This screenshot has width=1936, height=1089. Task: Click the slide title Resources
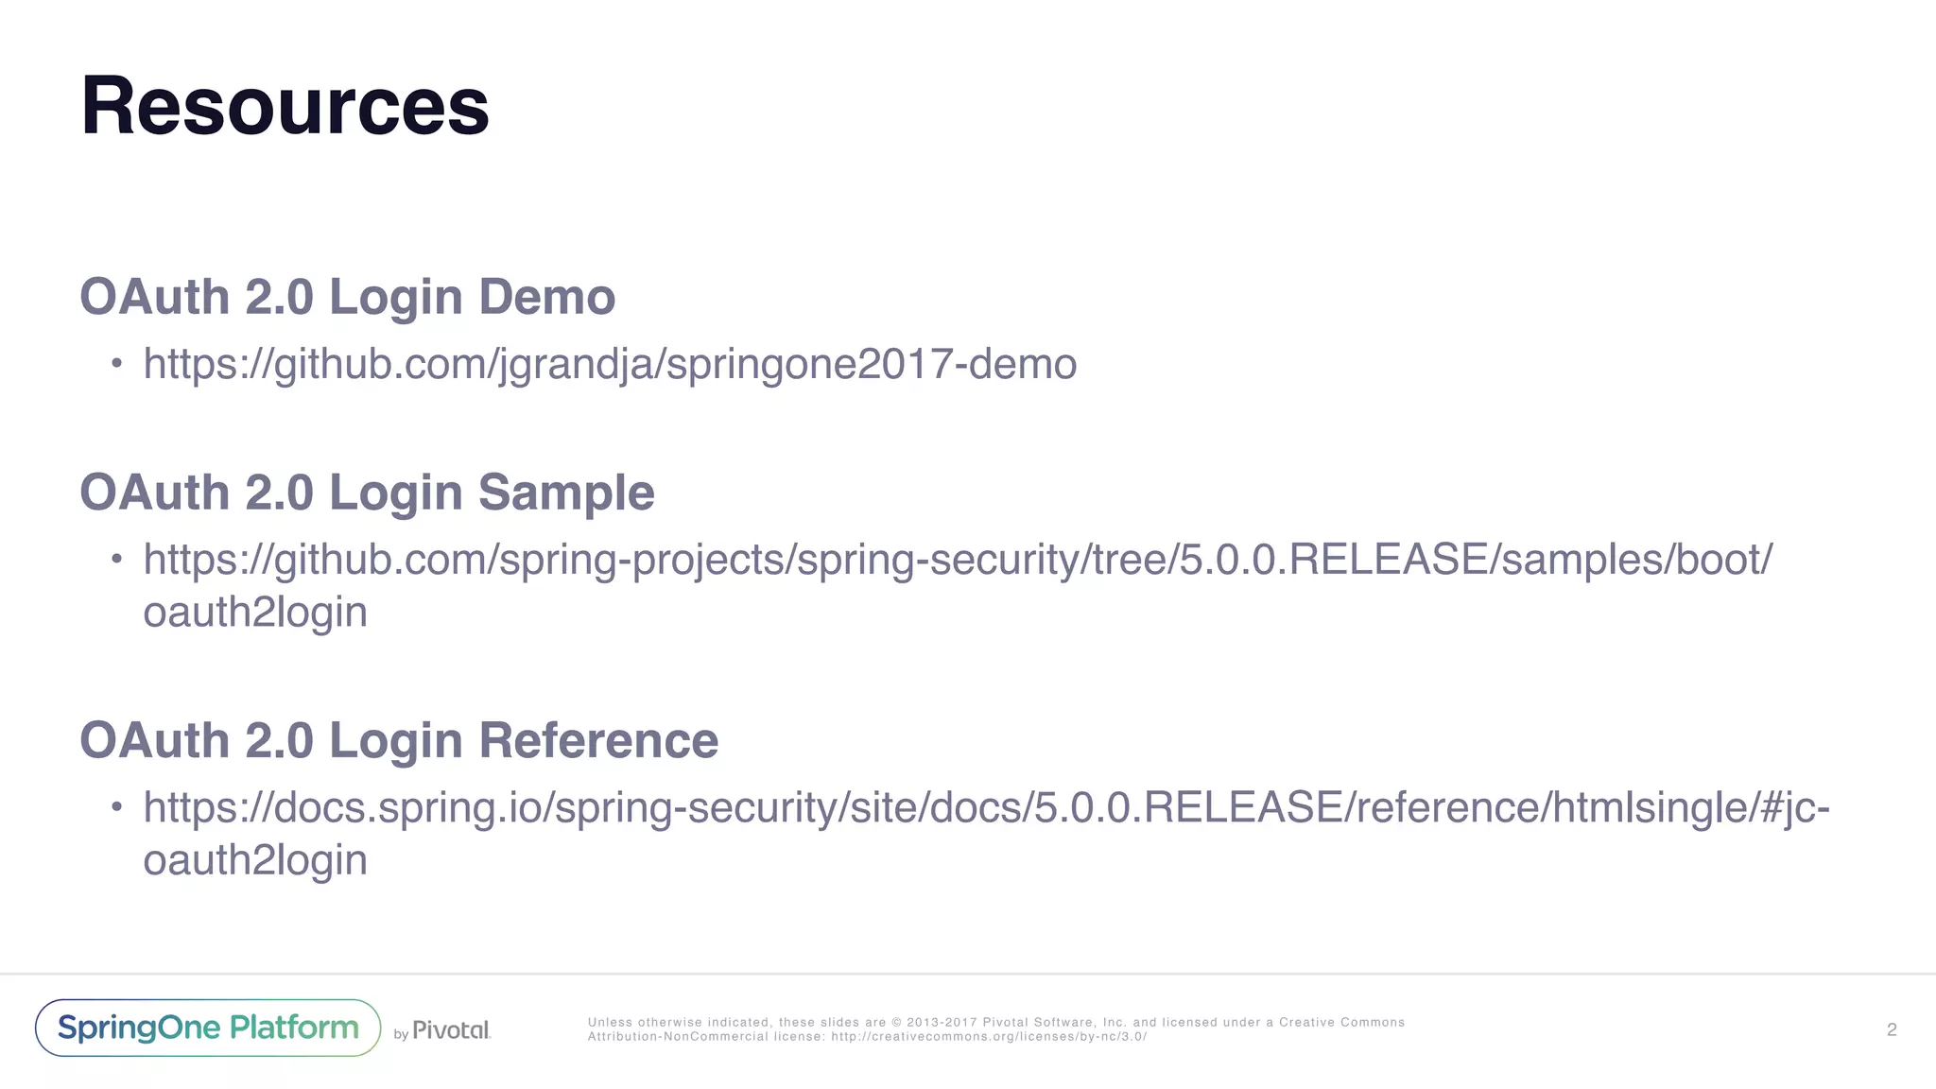pyautogui.click(x=285, y=106)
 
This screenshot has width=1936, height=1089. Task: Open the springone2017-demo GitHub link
pyautogui.click(x=610, y=364)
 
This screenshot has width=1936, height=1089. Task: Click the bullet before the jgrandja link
pyautogui.click(x=116, y=364)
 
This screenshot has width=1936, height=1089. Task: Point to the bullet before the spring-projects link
pyautogui.click(x=116, y=559)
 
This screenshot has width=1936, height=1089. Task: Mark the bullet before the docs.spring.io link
pyautogui.click(x=116, y=807)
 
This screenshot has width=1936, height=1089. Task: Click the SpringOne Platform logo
pyautogui.click(x=208, y=1028)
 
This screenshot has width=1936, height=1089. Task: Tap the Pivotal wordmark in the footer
pyautogui.click(x=451, y=1029)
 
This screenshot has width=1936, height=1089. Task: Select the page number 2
pyautogui.click(x=1892, y=1029)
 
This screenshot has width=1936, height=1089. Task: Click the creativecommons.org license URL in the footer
pyautogui.click(x=989, y=1037)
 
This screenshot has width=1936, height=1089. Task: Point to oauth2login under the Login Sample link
pyautogui.click(x=255, y=613)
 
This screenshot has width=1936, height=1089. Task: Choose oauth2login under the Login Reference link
pyautogui.click(x=255, y=860)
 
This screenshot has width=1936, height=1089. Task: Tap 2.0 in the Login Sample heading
pyautogui.click(x=279, y=493)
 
